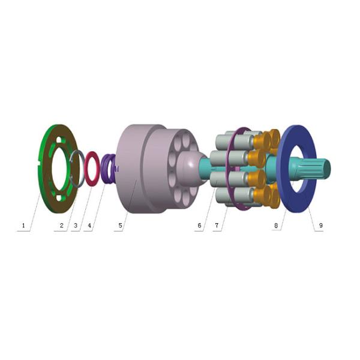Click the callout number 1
pos(23,226)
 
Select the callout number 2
pos(62,226)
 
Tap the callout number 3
pos(76,226)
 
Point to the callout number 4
pos(89,226)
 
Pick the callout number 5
pos(121,226)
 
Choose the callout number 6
pos(199,226)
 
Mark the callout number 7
pos(217,226)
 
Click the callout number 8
pos(276,226)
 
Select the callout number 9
pos(321,226)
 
